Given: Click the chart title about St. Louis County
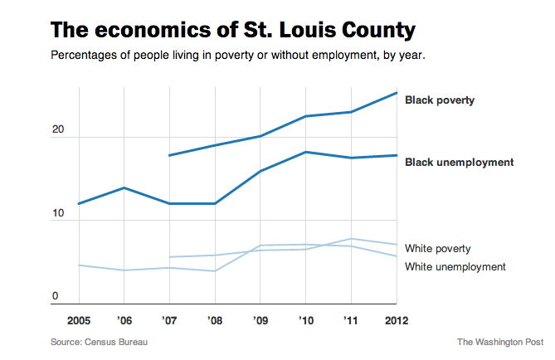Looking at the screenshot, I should pyautogui.click(x=233, y=31).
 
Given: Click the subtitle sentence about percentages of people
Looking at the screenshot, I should pyautogui.click(x=239, y=56).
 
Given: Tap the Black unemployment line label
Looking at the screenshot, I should pyautogui.click(x=459, y=163).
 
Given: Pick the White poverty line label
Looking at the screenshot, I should pyautogui.click(x=438, y=248).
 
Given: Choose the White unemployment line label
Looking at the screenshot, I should pyautogui.click(x=455, y=266).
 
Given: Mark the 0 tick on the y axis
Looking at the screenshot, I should pyautogui.click(x=56, y=296).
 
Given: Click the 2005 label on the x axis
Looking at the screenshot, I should pyautogui.click(x=80, y=319).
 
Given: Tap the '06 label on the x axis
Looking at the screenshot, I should pyautogui.click(x=124, y=319).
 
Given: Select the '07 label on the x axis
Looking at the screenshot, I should pyautogui.click(x=169, y=319).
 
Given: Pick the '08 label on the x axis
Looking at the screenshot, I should pyautogui.click(x=214, y=319).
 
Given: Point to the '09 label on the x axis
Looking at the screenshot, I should pyautogui.click(x=260, y=319).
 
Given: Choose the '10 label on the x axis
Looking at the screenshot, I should pyautogui.click(x=304, y=319).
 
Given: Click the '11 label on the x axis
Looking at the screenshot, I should pyautogui.click(x=350, y=319).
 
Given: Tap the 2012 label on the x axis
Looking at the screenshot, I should pyautogui.click(x=394, y=319).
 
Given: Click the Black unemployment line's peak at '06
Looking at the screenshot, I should pyautogui.click(x=124, y=188).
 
